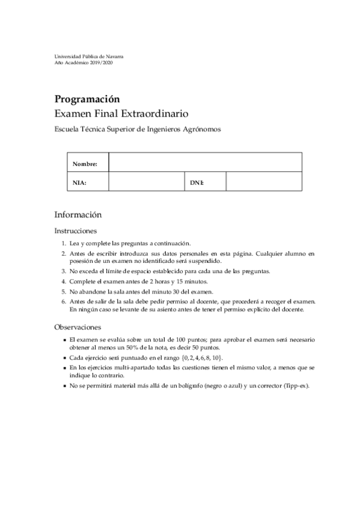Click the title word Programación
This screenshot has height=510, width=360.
click(87, 99)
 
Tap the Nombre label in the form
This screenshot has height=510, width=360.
click(84, 164)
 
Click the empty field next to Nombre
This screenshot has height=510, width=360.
click(204, 163)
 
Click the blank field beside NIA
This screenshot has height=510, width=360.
click(145, 182)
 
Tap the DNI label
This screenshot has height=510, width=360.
click(197, 182)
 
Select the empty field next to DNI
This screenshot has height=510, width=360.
click(263, 182)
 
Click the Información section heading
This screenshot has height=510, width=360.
click(78, 214)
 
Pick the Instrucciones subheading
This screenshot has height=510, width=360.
click(76, 230)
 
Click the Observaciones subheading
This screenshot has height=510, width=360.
click(77, 327)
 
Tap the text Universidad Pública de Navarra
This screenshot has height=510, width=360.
click(89, 56)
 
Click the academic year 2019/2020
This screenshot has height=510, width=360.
click(100, 62)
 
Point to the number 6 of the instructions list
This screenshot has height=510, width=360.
click(63, 301)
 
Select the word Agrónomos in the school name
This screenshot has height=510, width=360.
click(202, 129)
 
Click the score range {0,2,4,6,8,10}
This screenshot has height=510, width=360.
click(201, 357)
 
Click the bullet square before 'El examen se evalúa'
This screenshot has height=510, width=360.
click(64, 340)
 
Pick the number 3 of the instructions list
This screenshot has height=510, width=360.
click(63, 271)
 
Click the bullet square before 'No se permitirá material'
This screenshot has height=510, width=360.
click(64, 386)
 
